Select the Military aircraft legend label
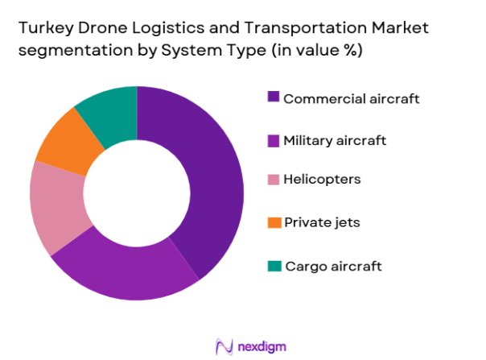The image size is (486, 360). [x=335, y=140]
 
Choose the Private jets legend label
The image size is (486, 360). [x=323, y=222]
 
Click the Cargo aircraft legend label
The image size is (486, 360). [x=332, y=266]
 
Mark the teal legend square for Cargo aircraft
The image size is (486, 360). [x=274, y=266]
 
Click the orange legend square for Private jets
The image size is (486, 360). [x=274, y=222]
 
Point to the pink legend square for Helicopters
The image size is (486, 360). [x=274, y=179]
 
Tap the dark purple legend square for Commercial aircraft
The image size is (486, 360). [x=274, y=98]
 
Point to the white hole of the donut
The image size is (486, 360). [x=136, y=193]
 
